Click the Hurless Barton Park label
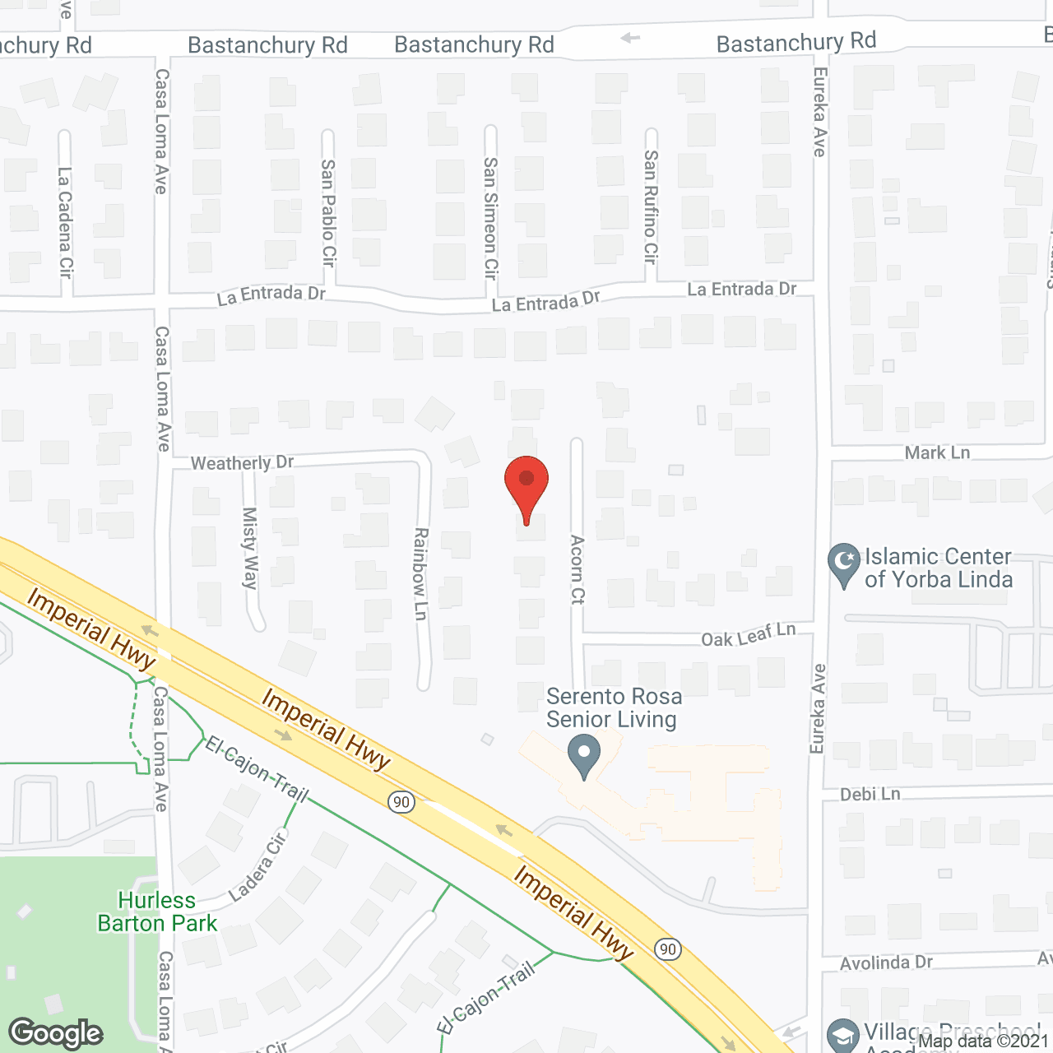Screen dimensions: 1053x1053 pos(157,912)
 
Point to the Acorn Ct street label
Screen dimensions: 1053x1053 pos(578,569)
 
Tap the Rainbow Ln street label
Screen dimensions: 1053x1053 pos(420,573)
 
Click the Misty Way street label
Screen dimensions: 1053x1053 pos(249,548)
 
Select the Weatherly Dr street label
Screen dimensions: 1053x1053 pos(242,463)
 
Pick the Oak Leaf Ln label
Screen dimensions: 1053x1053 pos(749,634)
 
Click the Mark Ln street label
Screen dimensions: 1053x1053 pos(937,452)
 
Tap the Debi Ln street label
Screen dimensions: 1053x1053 pos(870,794)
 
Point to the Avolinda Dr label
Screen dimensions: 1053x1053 pos(886,963)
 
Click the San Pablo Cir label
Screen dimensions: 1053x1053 pos(328,212)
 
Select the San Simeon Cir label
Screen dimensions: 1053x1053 pos(490,217)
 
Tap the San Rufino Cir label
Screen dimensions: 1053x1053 pos(651,206)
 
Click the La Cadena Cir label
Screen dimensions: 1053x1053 pos(65,221)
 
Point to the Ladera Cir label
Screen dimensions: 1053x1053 pos(257,866)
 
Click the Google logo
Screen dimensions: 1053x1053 pos(56,1032)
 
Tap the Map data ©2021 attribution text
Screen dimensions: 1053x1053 pos(983,1041)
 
